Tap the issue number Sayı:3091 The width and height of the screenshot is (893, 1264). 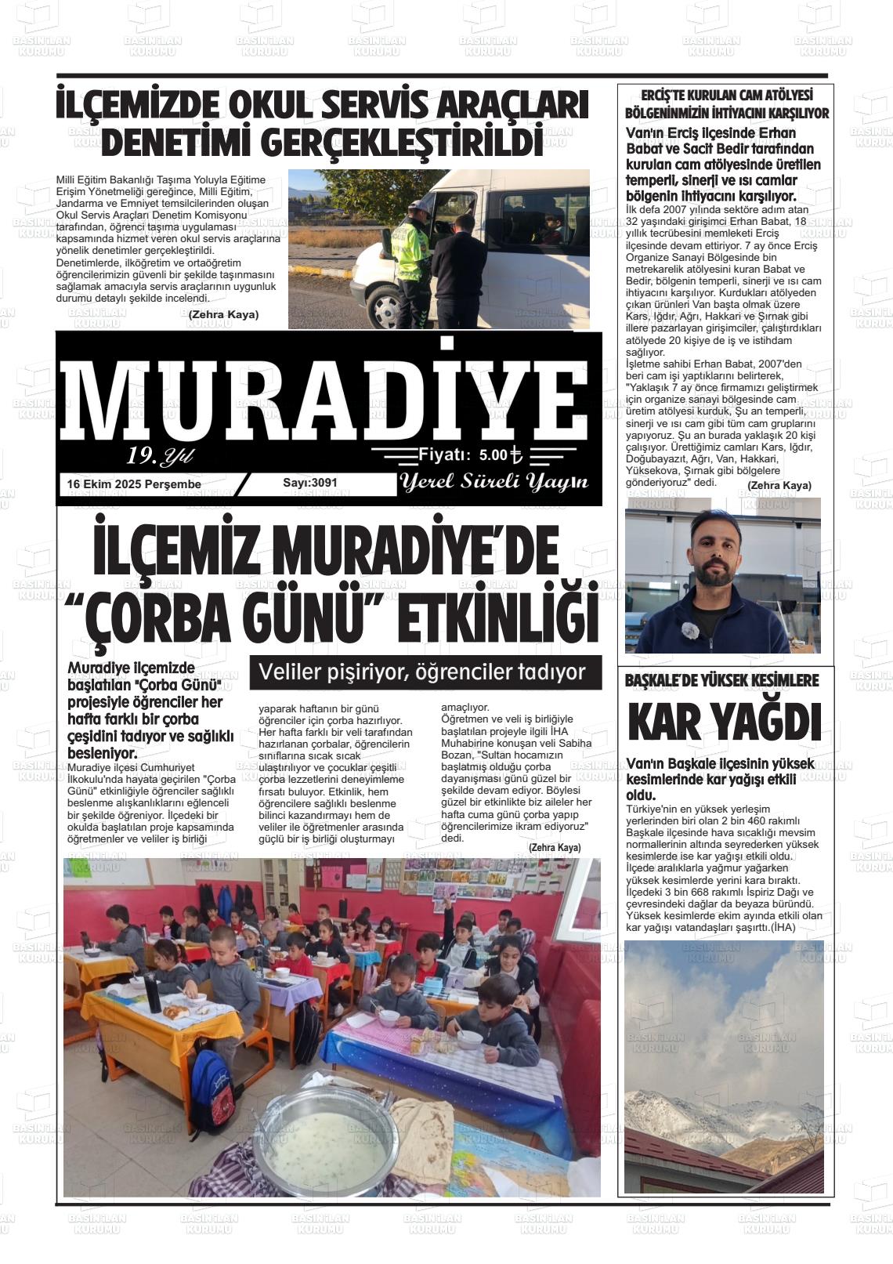[x=310, y=483]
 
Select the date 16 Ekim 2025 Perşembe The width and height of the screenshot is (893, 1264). [x=134, y=484]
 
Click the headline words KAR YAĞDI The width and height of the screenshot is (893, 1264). [x=724, y=723]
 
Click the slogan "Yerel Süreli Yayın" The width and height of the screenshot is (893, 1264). [x=493, y=482]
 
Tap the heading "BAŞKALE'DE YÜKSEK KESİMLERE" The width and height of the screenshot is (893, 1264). [x=721, y=681]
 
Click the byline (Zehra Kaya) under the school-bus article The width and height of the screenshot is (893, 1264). [x=223, y=315]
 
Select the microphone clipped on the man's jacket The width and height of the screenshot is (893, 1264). [x=689, y=630]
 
